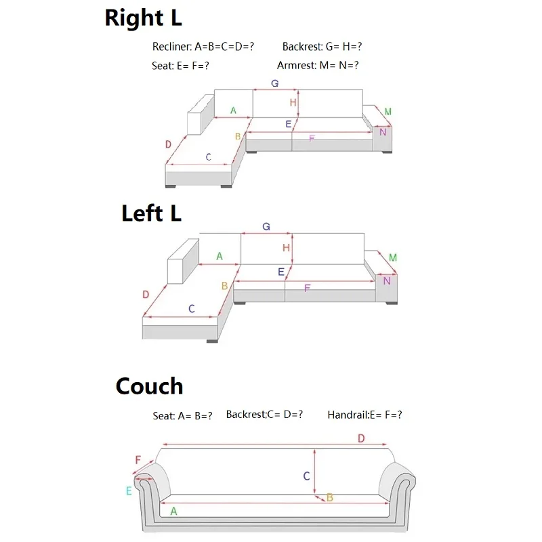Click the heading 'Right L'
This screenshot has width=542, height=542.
point(143,18)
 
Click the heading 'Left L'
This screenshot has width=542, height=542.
point(152,214)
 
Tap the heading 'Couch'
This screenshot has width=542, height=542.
point(149,386)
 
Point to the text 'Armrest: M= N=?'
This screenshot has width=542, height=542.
point(318,66)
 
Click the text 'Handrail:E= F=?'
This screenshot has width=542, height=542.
point(364,415)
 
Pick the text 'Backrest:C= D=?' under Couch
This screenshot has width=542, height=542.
point(264,415)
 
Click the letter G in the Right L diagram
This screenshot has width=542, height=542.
point(275,83)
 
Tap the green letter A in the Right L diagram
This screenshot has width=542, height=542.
point(233,110)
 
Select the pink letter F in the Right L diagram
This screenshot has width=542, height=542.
point(312,138)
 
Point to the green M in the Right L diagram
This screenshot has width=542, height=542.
point(388,112)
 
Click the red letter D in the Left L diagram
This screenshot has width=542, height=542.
point(146,295)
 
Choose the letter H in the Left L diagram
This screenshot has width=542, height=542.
point(287,248)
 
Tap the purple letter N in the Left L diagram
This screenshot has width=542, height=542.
point(387,280)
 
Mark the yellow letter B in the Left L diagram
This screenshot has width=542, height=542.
point(224,286)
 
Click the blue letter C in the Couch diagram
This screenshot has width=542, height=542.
point(306,476)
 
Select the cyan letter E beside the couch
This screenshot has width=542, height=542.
point(129,491)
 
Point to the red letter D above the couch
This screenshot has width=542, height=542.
point(361,439)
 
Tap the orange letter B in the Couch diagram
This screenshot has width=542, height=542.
point(330,498)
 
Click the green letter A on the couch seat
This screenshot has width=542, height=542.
point(173,512)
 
